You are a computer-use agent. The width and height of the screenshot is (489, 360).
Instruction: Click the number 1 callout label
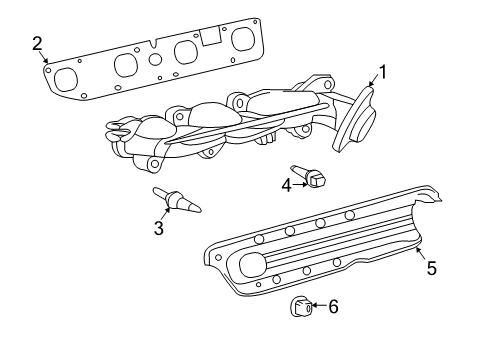point(382,72)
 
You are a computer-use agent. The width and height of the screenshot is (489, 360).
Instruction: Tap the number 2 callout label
point(37,42)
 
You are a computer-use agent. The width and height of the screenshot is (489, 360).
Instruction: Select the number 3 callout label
point(159,228)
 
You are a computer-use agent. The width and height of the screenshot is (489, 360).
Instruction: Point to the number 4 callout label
point(285,184)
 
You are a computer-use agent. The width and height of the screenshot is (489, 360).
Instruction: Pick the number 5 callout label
point(431,268)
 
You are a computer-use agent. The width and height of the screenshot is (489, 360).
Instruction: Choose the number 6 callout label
point(333,307)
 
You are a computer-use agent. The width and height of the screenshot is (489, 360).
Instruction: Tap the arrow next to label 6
point(318,307)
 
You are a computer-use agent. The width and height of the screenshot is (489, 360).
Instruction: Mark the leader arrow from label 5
point(420,254)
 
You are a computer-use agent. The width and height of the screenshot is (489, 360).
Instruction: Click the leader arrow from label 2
point(44,57)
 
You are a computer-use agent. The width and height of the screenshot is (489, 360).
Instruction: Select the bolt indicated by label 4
point(312,178)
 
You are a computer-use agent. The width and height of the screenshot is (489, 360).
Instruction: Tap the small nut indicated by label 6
point(301,306)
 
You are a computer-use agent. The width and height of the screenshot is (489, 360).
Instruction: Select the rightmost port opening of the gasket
point(242,39)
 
